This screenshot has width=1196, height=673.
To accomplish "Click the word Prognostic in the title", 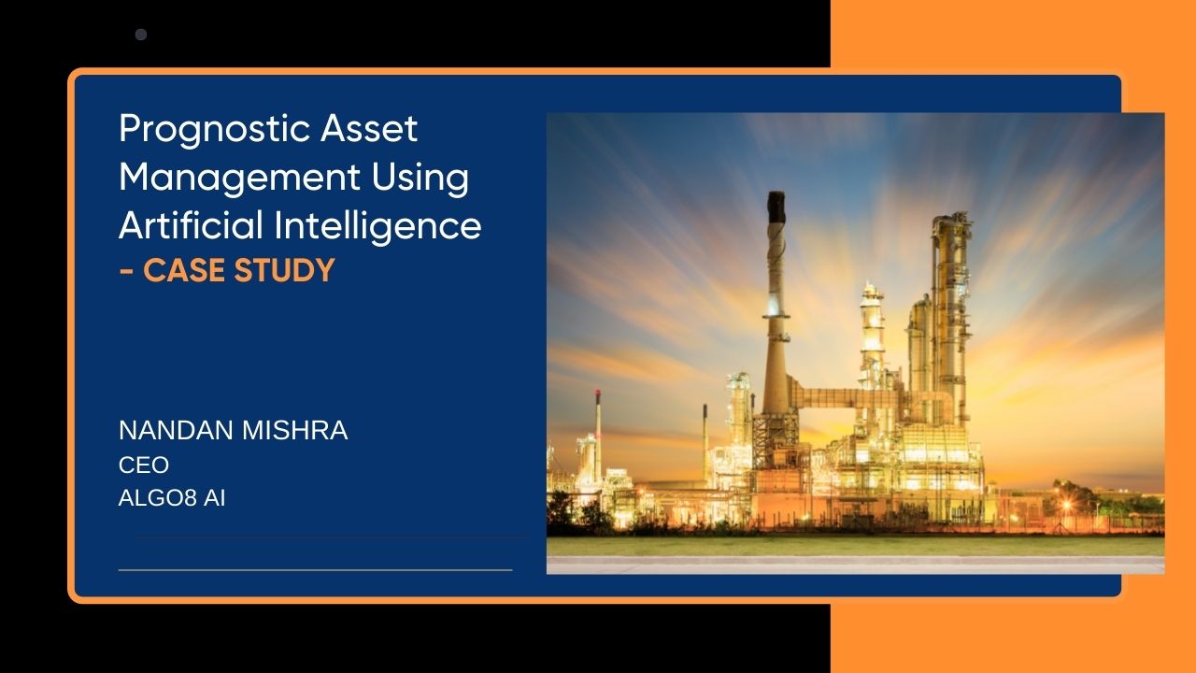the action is (x=214, y=129).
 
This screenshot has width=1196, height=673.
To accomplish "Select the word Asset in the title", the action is (x=369, y=128).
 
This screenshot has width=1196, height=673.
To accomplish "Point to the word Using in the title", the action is (x=420, y=178).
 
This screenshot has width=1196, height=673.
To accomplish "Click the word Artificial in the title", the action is (x=191, y=225).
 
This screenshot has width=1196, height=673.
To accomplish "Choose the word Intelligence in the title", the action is (x=377, y=226).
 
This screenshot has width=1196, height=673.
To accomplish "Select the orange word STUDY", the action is (x=284, y=270).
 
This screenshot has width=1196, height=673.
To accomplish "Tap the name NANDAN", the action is (x=176, y=431).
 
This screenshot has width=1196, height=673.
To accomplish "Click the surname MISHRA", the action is (x=294, y=431).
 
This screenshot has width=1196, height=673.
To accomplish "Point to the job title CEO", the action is (x=144, y=465).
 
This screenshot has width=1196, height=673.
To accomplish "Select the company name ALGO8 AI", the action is (x=172, y=498).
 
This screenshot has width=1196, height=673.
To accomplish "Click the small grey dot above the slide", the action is (x=141, y=35).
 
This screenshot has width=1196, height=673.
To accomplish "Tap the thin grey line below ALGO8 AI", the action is (x=315, y=570).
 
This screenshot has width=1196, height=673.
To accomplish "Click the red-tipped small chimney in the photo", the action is (x=598, y=427).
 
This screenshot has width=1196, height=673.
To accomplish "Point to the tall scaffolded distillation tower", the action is (x=951, y=315).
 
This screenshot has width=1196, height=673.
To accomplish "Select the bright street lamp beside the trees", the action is (x=1067, y=505).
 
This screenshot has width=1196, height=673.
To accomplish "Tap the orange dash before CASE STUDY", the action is (x=126, y=271).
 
